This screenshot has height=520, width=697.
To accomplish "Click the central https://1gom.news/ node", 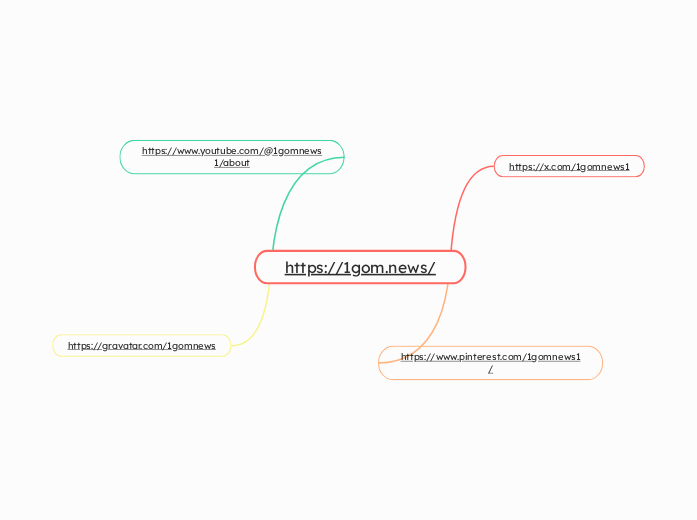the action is (360, 267).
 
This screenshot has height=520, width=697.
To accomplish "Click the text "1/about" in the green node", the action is (232, 163).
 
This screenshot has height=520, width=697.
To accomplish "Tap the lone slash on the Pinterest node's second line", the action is (490, 370).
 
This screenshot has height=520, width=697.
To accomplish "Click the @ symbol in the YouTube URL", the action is (267, 151).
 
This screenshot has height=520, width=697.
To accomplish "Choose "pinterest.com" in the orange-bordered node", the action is (488, 357).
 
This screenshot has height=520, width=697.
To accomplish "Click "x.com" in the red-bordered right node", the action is (555, 167).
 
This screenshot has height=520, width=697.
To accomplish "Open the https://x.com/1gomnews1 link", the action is (569, 167).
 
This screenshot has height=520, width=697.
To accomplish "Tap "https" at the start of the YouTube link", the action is (155, 151).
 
